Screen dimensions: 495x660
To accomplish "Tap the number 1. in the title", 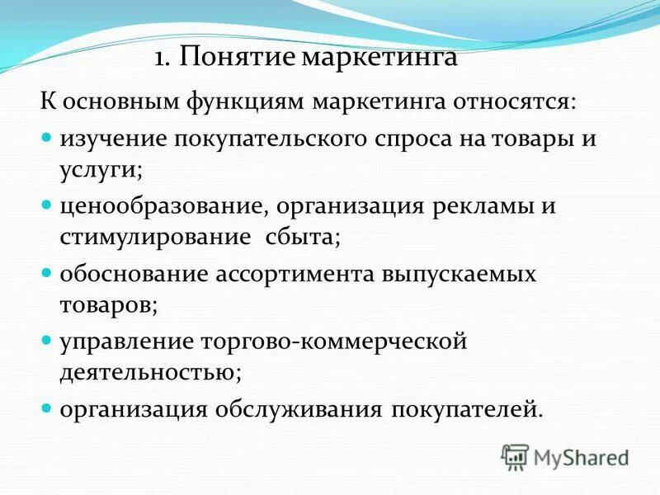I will click(163, 59).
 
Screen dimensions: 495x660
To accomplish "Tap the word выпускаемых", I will click(467, 273).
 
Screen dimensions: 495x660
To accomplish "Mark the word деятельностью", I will click(149, 372).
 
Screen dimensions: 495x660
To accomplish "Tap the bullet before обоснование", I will click(47, 271).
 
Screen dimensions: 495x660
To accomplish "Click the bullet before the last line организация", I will click(47, 407).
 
